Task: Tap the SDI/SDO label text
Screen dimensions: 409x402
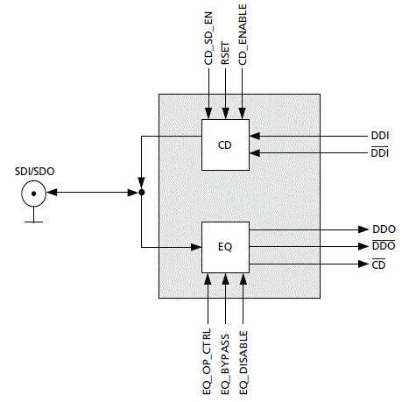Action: pos(35,172)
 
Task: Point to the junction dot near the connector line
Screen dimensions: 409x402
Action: pos(142,193)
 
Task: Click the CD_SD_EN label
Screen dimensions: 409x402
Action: pos(208,39)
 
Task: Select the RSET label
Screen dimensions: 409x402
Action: pos(225,53)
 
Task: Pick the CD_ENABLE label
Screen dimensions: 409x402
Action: pos(243,35)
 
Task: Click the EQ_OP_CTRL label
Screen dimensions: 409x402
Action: pos(207,362)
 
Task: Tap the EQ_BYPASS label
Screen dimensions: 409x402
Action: pos(225,364)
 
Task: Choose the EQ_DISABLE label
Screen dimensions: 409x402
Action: pos(243,363)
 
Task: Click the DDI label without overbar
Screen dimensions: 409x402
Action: pos(380,136)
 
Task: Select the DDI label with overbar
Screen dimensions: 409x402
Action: pos(379,152)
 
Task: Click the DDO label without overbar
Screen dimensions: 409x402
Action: pos(384,229)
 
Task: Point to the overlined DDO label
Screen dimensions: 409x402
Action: pos(384,245)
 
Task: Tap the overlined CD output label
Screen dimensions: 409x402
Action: pos(378,264)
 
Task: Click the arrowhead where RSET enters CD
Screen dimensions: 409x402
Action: pos(225,113)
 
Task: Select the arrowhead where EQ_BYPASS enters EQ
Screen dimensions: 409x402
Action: pos(225,279)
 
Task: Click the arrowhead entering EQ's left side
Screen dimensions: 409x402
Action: pos(196,247)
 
